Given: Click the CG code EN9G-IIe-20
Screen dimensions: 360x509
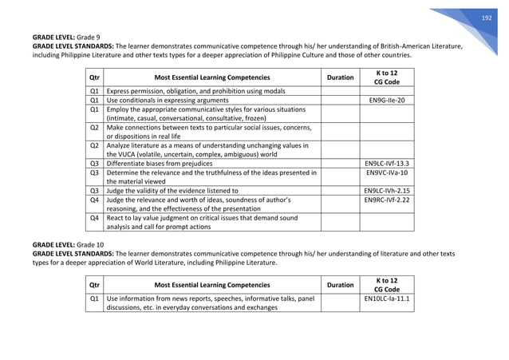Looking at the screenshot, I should [x=387, y=101].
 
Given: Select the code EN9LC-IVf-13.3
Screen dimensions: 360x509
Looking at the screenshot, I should [x=387, y=163].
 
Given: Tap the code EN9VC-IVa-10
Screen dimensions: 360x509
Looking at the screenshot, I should [x=387, y=172].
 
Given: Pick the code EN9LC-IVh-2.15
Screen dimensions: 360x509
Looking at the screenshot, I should [x=387, y=191].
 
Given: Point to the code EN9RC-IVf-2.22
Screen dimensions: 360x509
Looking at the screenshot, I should [x=387, y=200].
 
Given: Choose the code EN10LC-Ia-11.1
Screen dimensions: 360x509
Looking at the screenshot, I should [x=387, y=299].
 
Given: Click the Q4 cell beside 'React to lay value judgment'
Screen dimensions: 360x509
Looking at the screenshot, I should [x=94, y=218].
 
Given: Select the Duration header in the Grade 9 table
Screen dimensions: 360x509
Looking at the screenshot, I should [x=341, y=77].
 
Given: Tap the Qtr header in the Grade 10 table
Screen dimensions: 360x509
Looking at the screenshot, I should [x=95, y=284].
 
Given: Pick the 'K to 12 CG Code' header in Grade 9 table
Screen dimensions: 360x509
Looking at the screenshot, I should [x=387, y=77].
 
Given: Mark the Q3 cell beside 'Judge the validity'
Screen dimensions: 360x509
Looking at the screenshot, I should [x=94, y=191].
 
